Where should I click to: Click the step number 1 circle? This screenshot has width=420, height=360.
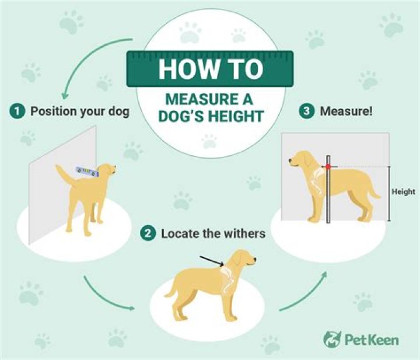click(x=17, y=111)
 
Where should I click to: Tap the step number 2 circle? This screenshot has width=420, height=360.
click(x=148, y=233)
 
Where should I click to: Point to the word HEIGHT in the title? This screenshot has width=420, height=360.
click(x=235, y=116)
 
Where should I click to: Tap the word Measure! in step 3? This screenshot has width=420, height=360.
click(x=346, y=111)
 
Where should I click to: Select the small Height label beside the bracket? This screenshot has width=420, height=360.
click(x=404, y=191)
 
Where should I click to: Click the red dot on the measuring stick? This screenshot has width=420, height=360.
click(x=328, y=167)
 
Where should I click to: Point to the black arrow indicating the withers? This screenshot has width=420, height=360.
click(x=212, y=261)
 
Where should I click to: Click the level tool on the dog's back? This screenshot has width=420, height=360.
click(x=87, y=172)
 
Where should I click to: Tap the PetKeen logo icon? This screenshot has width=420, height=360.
click(x=332, y=339)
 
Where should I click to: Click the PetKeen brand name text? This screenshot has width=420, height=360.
click(x=372, y=340)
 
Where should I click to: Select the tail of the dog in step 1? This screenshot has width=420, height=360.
click(x=64, y=173)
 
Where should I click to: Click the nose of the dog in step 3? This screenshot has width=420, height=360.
click(x=290, y=160)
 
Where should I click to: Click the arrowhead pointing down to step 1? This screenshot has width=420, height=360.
click(x=64, y=96)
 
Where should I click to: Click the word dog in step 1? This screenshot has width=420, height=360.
click(x=118, y=111)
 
